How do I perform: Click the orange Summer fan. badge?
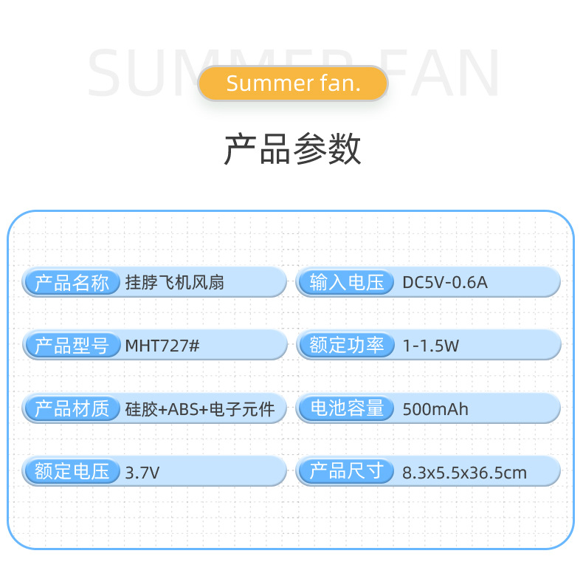tap(292, 83)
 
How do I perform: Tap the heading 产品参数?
tap(292, 150)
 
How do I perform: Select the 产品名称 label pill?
tap(72, 282)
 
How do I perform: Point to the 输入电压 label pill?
tap(348, 282)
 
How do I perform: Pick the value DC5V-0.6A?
tap(445, 282)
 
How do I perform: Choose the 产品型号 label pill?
tap(72, 345)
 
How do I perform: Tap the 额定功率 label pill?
tap(348, 345)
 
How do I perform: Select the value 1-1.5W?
tap(431, 346)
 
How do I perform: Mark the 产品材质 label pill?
tap(72, 408)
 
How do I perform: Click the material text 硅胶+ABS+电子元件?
tap(200, 409)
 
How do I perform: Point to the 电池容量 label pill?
tap(348, 408)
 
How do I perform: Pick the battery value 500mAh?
tap(435, 409)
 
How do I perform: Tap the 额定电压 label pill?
tap(72, 471)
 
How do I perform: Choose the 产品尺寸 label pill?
tap(348, 471)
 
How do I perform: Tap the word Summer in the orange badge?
tap(260, 83)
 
